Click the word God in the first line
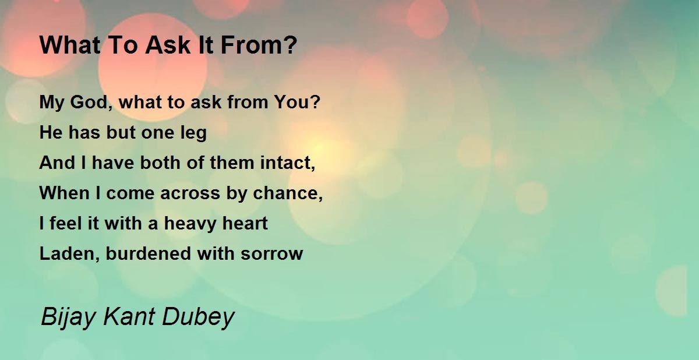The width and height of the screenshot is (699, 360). (89, 102)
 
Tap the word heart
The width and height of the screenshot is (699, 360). (245, 223)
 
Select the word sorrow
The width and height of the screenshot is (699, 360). (271, 254)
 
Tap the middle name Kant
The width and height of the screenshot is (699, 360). (129, 316)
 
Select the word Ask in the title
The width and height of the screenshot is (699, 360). (168, 45)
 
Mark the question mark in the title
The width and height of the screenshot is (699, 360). (290, 45)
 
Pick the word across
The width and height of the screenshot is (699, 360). (190, 193)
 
